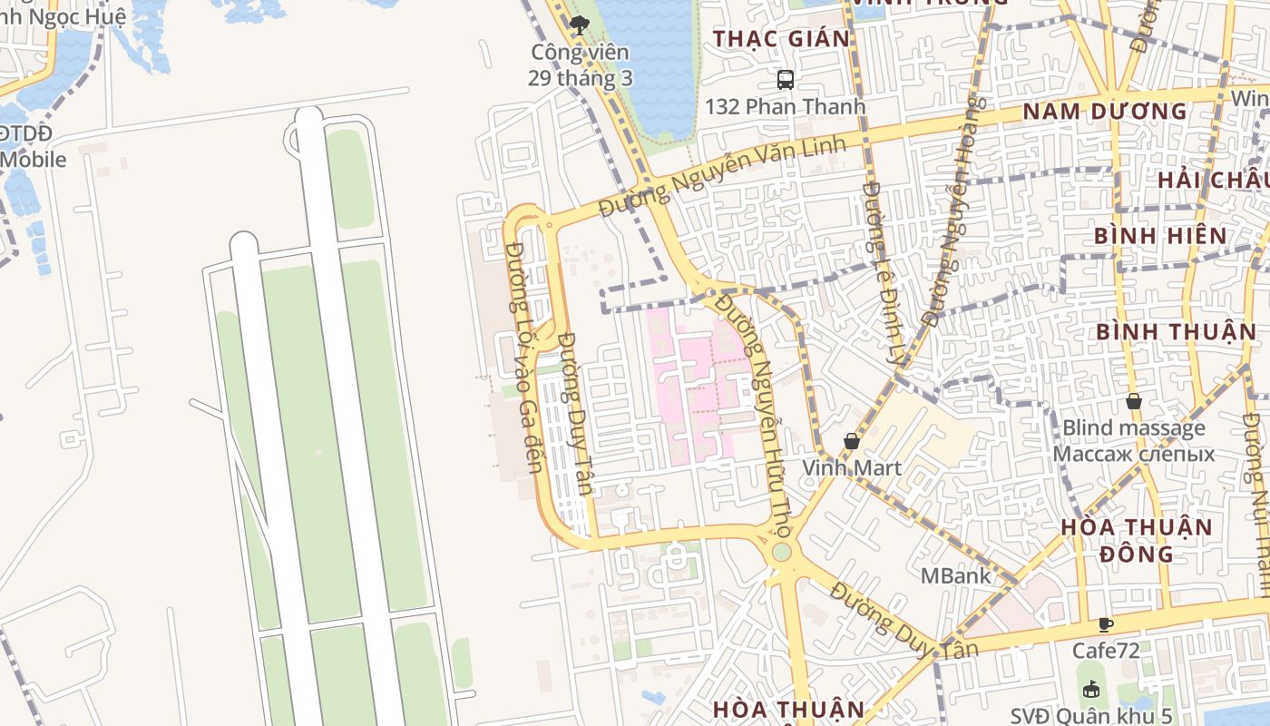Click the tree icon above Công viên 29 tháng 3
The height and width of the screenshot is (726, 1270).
click(x=580, y=25)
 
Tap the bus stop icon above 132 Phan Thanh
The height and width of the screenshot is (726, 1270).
click(x=786, y=80)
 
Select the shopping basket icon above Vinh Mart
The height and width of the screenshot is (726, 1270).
click(x=852, y=441)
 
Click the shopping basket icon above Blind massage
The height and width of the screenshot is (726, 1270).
click(x=1134, y=401)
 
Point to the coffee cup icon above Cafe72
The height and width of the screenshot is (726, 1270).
click(x=1105, y=624)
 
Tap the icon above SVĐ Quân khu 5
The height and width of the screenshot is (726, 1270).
click(x=1091, y=690)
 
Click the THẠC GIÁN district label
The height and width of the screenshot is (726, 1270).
click(x=781, y=39)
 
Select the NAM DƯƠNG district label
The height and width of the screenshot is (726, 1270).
click(x=1105, y=112)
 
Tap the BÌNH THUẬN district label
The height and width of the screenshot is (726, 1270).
click(x=1176, y=331)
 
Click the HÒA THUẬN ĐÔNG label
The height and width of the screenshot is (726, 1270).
click(x=1137, y=540)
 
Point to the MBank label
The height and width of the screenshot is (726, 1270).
click(x=955, y=575)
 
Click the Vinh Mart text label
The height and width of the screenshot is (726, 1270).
click(x=852, y=467)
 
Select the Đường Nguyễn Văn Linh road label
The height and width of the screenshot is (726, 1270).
click(x=723, y=176)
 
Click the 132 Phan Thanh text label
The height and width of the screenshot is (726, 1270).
click(x=786, y=106)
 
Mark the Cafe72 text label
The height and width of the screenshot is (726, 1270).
click(x=1105, y=651)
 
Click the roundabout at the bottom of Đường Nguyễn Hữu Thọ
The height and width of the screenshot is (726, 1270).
click(x=781, y=552)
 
